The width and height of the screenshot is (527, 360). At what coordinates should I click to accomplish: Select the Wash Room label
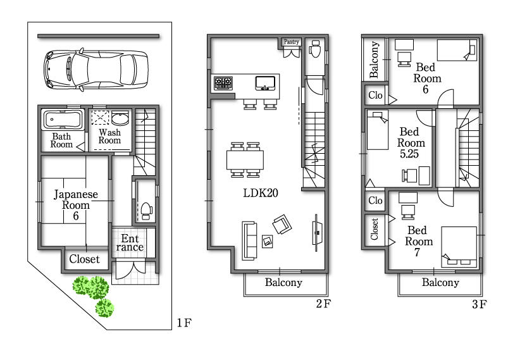click(109, 137)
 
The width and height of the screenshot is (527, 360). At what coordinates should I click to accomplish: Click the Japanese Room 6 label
click(75, 205)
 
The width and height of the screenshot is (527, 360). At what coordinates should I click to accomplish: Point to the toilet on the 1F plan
click(145, 209)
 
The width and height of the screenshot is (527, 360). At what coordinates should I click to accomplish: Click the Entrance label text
click(131, 243)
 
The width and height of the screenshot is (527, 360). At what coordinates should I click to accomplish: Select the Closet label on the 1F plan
click(84, 259)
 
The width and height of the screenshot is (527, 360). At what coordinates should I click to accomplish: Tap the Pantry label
click(291, 42)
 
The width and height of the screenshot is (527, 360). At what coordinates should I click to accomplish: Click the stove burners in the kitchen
click(223, 82)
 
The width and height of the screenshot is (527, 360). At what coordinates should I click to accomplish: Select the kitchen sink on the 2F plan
click(266, 82)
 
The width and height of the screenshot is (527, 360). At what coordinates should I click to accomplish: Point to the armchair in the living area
click(281, 223)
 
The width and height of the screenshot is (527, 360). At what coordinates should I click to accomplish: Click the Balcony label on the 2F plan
click(283, 283)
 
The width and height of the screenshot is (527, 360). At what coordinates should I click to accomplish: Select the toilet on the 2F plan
click(315, 49)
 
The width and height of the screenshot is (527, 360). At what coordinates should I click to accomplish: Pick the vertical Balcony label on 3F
click(374, 59)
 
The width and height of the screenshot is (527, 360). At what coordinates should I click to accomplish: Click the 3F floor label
click(478, 304)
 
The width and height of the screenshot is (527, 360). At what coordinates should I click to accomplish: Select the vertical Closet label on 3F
click(375, 229)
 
